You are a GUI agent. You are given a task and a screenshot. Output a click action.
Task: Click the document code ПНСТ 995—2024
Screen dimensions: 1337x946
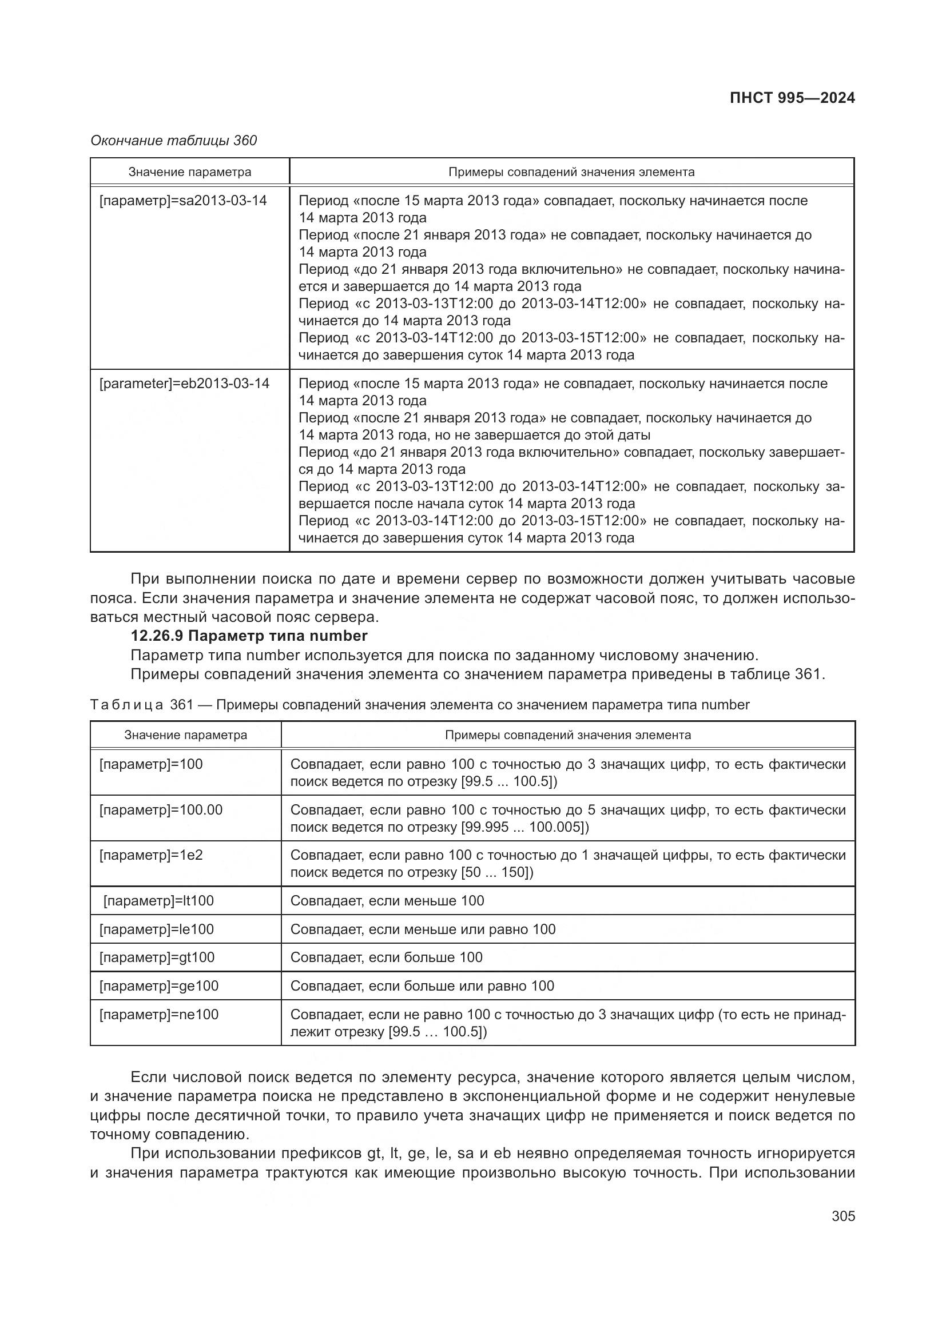792,98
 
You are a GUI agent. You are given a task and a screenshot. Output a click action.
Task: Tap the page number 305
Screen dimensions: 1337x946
843,1216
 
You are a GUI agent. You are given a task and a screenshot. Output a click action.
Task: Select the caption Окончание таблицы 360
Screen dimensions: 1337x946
174,141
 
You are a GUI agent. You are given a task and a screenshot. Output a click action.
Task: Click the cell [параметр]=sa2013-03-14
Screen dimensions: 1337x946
183,201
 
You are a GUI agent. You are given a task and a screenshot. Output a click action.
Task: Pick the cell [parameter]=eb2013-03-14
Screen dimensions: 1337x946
184,384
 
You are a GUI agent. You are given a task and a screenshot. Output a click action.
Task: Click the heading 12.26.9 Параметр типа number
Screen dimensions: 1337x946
249,635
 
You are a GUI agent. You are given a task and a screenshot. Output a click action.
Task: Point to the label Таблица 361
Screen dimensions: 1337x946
141,705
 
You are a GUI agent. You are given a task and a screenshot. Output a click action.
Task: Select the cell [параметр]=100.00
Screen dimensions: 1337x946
161,810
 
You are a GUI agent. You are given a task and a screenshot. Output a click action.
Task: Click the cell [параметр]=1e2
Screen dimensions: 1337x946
151,856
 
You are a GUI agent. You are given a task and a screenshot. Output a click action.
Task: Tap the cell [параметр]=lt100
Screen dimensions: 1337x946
158,901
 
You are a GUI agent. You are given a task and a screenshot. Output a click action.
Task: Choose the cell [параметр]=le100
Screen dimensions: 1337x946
157,929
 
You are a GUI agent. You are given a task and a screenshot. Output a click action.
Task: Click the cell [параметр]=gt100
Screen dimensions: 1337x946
157,957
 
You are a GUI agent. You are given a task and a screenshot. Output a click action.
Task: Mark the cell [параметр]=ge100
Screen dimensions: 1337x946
158,986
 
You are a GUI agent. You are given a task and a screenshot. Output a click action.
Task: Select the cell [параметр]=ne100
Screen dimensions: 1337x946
158,1015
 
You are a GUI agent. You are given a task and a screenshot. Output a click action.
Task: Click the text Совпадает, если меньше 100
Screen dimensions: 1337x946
387,901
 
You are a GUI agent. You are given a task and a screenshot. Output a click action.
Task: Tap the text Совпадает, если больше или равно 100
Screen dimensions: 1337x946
422,986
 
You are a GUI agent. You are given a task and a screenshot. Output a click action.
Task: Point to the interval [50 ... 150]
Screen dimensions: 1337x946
495,872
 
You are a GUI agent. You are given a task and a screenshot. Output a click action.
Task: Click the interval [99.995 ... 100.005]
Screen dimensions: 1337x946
523,827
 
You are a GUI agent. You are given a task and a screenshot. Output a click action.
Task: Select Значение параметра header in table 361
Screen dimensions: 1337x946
185,735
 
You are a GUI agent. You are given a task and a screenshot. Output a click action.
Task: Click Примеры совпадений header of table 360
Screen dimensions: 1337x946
571,172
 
